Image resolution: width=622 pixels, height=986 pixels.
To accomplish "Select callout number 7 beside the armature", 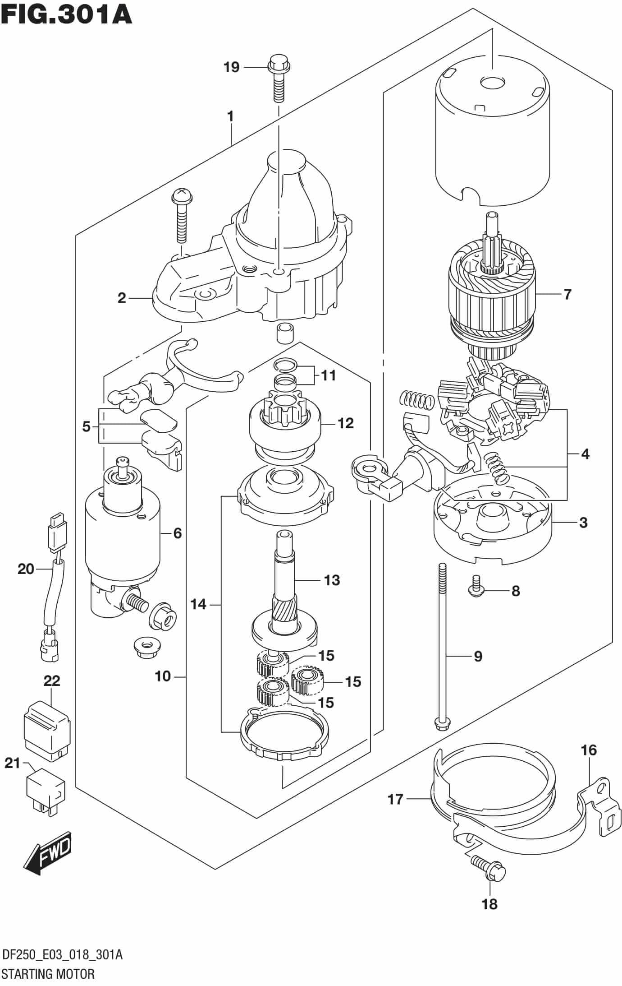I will tap(567, 294).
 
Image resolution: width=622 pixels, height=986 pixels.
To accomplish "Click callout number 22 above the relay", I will tap(52, 680).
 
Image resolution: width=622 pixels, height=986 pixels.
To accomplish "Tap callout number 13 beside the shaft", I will tap(332, 580).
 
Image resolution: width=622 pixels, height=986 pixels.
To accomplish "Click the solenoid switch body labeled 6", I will tap(123, 532).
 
